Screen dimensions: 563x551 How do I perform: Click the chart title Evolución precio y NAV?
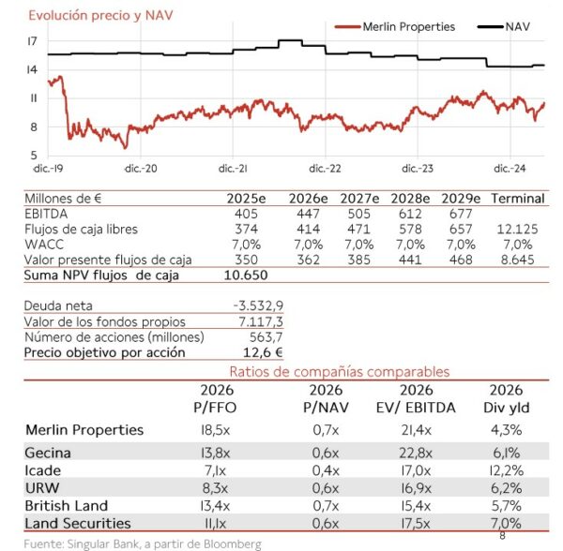pyautogui.click(x=101, y=16)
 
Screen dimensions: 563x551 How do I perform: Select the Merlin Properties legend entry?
pyautogui.click(x=395, y=27)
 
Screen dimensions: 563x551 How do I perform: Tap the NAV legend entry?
pyautogui.click(x=504, y=27)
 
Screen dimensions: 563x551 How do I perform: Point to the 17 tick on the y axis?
pyautogui.click(x=32, y=41)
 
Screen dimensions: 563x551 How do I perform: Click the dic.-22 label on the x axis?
pyautogui.click(x=325, y=169)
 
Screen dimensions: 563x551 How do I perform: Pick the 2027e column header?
pyautogui.click(x=359, y=199)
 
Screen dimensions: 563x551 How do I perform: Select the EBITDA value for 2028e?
pyautogui.click(x=410, y=214)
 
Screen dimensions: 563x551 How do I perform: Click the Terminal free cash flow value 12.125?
pyautogui.click(x=517, y=230)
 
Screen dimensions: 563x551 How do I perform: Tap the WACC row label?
pyautogui.click(x=44, y=245)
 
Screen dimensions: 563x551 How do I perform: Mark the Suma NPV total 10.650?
pyautogui.click(x=246, y=275)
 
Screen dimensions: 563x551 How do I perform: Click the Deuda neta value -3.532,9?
pyautogui.click(x=259, y=305)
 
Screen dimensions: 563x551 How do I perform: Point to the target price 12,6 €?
pyautogui.click(x=263, y=352)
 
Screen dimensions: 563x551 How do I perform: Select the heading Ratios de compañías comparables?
pyautogui.click(x=340, y=372)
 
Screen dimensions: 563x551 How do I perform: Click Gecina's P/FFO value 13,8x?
pyautogui.click(x=215, y=454)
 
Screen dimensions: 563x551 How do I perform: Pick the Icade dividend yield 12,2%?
pyautogui.click(x=507, y=470)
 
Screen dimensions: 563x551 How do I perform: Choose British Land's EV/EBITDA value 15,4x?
pyautogui.click(x=416, y=506)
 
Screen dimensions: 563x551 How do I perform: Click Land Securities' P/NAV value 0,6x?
pyautogui.click(x=326, y=524)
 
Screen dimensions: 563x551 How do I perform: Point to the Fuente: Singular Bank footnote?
pyautogui.click(x=143, y=544)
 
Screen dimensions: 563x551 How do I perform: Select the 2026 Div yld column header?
pyautogui.click(x=507, y=398)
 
